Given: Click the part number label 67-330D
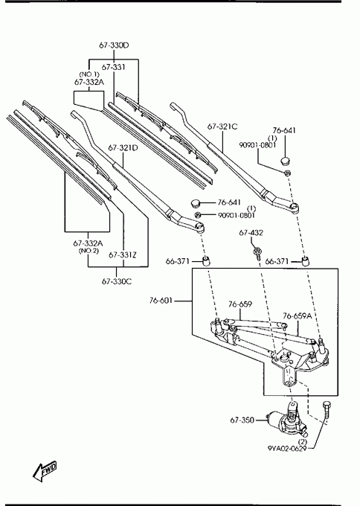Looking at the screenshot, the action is (114, 45).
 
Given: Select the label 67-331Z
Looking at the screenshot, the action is (123, 255).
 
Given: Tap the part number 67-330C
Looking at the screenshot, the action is (117, 281).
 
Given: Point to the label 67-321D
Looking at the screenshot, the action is (123, 148).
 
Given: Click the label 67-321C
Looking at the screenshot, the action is (222, 126).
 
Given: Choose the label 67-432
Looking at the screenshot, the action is (251, 233).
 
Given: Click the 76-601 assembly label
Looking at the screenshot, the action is (161, 301).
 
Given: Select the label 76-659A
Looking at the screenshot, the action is (298, 316).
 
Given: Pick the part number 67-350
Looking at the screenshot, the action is (242, 420).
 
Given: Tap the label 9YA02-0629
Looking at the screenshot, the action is (287, 449).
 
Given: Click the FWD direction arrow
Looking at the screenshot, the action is (45, 470).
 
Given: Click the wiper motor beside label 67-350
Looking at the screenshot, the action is (286, 420).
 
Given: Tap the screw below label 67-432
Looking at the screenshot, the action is (257, 253).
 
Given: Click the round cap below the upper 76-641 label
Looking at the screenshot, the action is (286, 161).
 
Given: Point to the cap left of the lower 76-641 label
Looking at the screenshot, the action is (196, 203).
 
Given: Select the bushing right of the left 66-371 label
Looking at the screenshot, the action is (206, 260).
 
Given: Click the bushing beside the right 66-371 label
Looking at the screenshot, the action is (305, 260).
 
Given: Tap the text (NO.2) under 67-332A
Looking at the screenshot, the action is (89, 251).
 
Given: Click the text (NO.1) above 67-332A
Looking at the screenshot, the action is (89, 74).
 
